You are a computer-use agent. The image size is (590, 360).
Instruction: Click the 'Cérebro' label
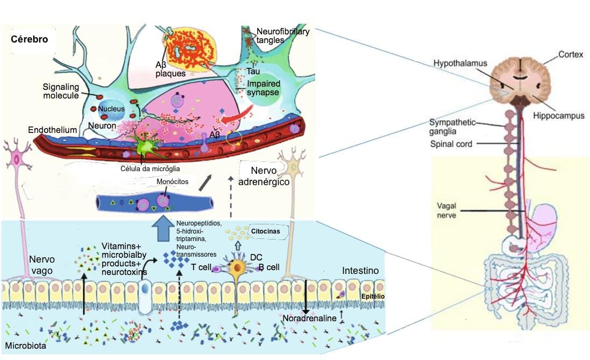click(x=30, y=39)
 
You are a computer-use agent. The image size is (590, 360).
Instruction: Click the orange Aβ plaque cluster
click(x=186, y=50)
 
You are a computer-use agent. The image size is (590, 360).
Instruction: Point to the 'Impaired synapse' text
click(x=263, y=88)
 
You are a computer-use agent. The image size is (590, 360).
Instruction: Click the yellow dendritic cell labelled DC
click(x=236, y=267)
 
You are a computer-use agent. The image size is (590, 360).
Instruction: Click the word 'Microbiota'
click(x=25, y=345)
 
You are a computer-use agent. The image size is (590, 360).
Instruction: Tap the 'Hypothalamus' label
click(x=460, y=63)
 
